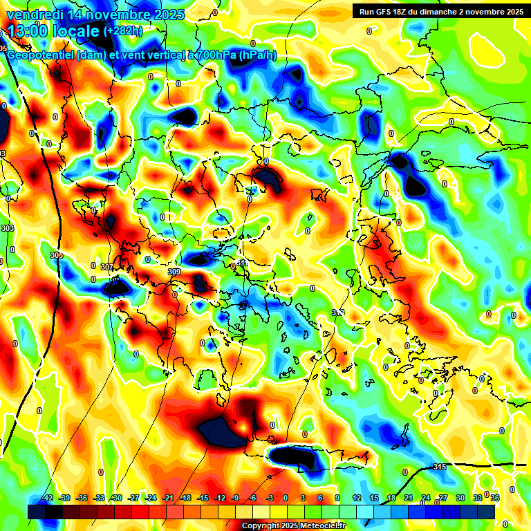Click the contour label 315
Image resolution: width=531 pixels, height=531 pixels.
[439, 467]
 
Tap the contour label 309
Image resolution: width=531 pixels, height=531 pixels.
[174, 272]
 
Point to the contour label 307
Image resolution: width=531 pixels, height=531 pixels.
[106, 267]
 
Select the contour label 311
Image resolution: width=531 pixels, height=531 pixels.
[242, 263]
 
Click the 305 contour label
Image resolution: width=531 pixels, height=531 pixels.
[57, 255]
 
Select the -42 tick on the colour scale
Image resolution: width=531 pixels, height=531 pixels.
[47, 498]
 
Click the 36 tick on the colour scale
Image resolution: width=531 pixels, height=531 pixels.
[494, 498]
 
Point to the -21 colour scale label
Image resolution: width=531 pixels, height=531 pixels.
[168, 498]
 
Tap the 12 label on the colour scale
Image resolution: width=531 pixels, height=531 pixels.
[356, 498]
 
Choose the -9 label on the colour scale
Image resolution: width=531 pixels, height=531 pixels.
[236, 498]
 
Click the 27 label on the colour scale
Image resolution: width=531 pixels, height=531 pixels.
[442, 498]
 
